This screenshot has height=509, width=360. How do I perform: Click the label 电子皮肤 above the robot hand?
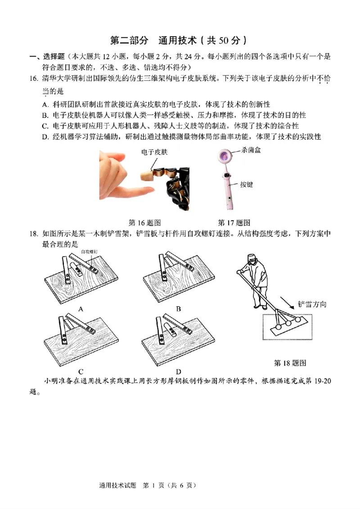point(154,153)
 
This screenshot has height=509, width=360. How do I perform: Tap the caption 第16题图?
point(145,223)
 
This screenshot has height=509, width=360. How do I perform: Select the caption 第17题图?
point(234,223)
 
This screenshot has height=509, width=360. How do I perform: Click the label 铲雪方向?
point(311,304)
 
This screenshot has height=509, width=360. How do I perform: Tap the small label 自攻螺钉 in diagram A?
point(90,253)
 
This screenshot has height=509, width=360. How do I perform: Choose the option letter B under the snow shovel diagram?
point(179,309)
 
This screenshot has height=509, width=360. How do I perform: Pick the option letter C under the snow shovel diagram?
point(81,371)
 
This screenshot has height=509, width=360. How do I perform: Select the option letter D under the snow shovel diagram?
point(179,371)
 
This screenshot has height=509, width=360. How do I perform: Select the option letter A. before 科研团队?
point(45,104)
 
